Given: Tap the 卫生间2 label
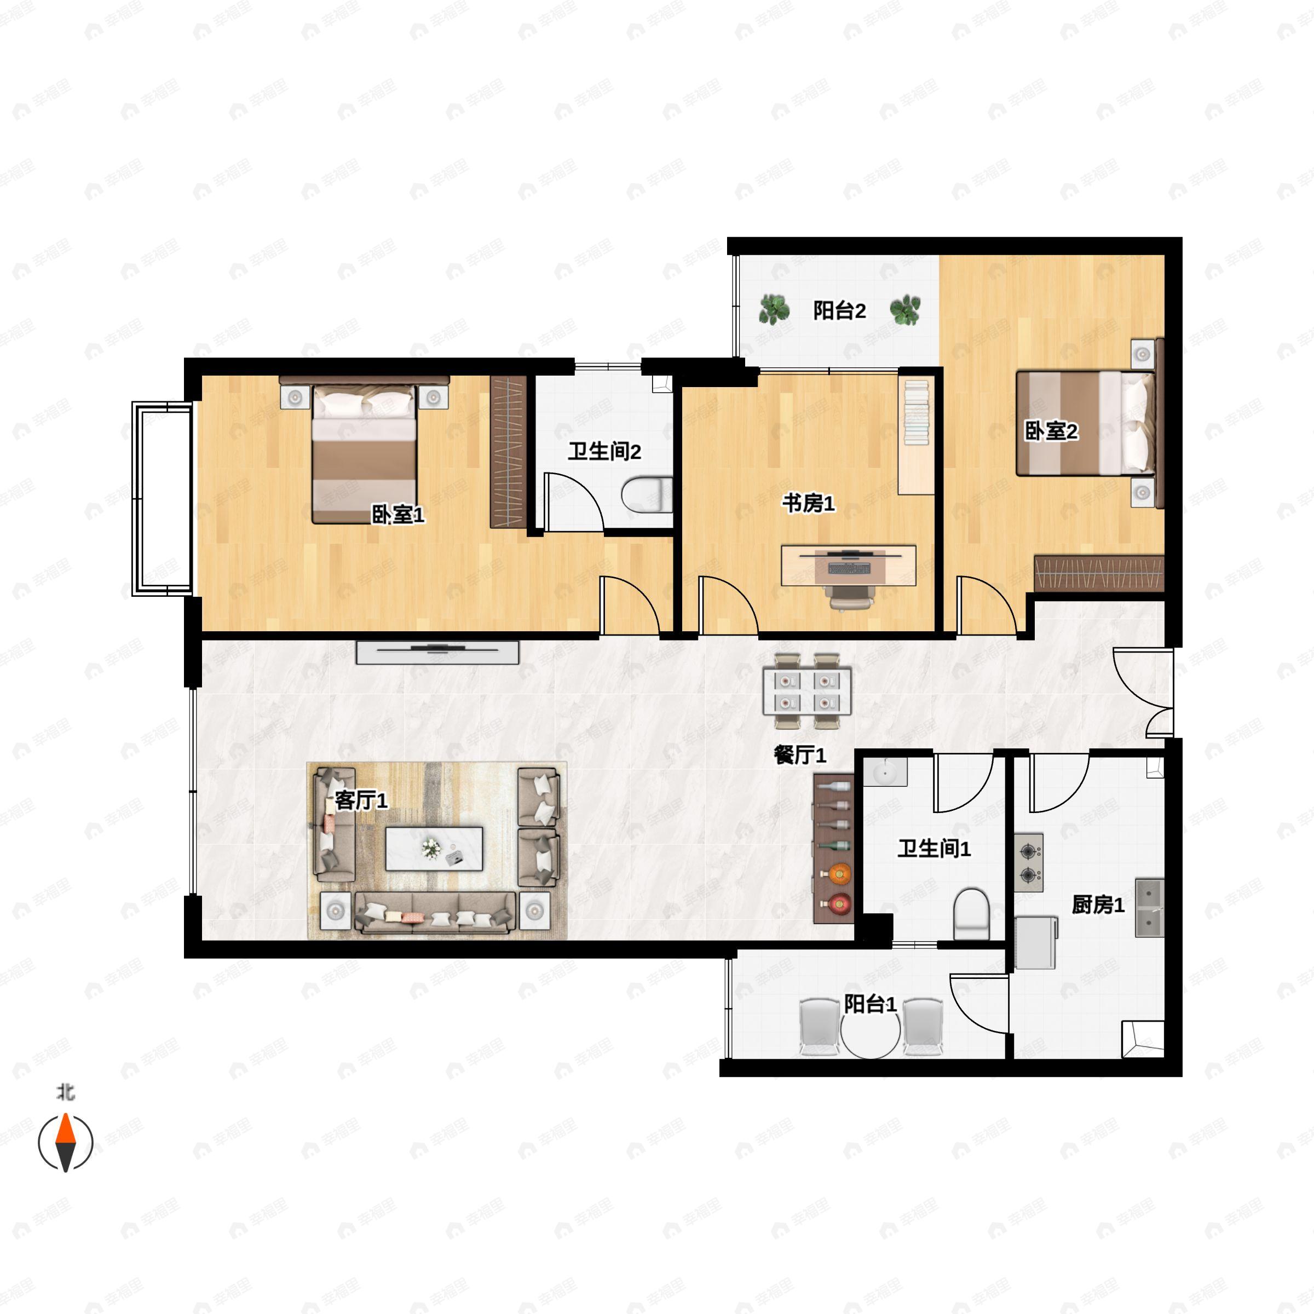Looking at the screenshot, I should pyautogui.click(x=604, y=451).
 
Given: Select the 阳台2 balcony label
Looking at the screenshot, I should pyautogui.click(x=839, y=311).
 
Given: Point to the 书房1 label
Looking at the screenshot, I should pyautogui.click(x=808, y=503).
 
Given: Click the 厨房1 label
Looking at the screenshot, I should pyautogui.click(x=1098, y=904).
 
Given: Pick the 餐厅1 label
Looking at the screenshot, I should pyautogui.click(x=800, y=754).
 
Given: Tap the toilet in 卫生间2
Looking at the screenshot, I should pyautogui.click(x=646, y=494).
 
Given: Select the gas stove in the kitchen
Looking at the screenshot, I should pyautogui.click(x=1028, y=862).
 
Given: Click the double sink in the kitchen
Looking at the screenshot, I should pyautogui.click(x=1149, y=907).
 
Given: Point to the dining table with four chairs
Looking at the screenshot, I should pyautogui.click(x=806, y=690).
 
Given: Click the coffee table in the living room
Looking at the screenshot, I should pyautogui.click(x=434, y=848).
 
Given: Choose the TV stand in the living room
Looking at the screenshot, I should pyautogui.click(x=437, y=652).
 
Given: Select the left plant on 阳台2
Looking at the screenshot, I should pyautogui.click(x=774, y=310).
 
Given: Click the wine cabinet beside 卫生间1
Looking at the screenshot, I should pyautogui.click(x=833, y=848).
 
